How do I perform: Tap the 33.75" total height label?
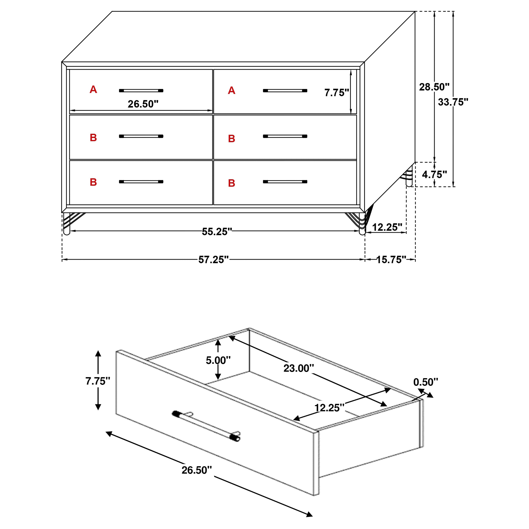click(453, 102)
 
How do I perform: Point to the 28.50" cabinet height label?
click(434, 87)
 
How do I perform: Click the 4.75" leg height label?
click(434, 174)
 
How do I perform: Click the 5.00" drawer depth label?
click(218, 360)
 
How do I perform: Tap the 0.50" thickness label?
click(426, 382)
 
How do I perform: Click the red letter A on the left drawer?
click(93, 90)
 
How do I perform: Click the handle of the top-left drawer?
click(141, 90)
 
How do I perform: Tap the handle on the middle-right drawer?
click(285, 136)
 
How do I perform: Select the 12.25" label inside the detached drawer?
click(329, 408)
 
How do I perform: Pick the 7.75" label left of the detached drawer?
click(98, 381)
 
